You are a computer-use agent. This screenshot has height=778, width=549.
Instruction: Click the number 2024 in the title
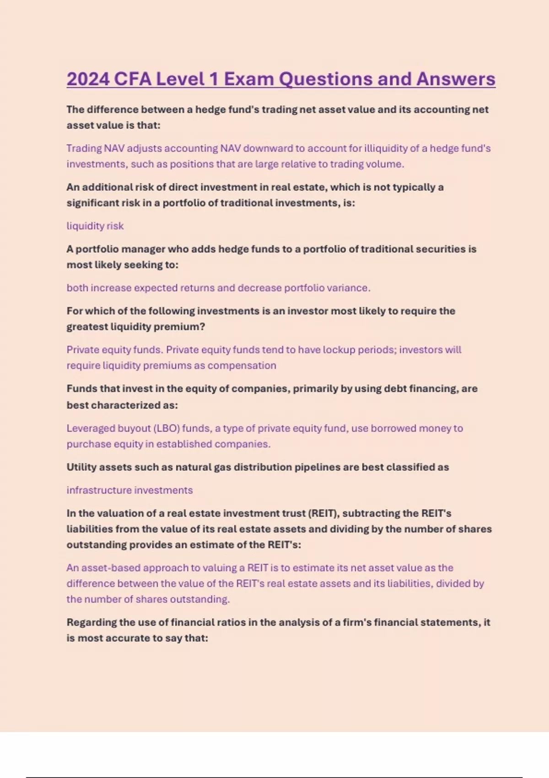pyautogui.click(x=88, y=79)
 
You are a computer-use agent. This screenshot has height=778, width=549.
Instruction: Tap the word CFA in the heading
pyautogui.click(x=132, y=79)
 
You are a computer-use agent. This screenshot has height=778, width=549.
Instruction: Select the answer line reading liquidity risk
pyautogui.click(x=95, y=226)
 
